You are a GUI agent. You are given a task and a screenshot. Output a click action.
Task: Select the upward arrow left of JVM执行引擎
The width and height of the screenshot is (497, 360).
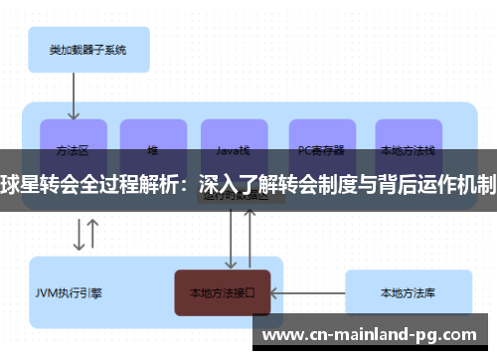pyautogui.click(x=93, y=234)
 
